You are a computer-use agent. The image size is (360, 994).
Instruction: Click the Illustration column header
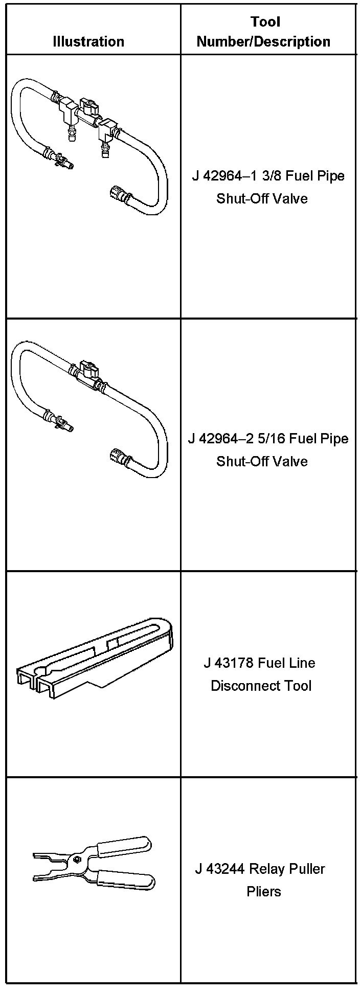88,41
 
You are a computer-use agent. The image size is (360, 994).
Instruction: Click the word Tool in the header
265,22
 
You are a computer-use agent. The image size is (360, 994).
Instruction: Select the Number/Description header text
263,42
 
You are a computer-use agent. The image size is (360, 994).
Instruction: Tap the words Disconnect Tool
261,686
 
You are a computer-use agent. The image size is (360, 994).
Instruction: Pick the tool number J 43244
221,869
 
